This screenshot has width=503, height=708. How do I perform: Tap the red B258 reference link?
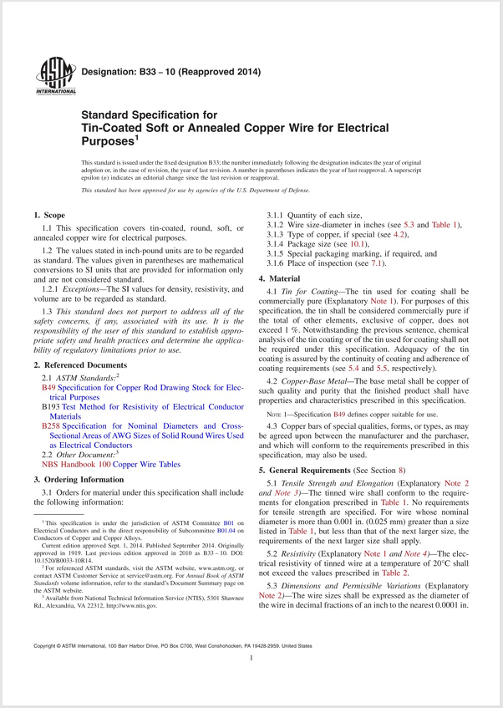[x=51, y=425]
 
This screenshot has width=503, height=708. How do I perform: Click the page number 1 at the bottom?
[x=251, y=682]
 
